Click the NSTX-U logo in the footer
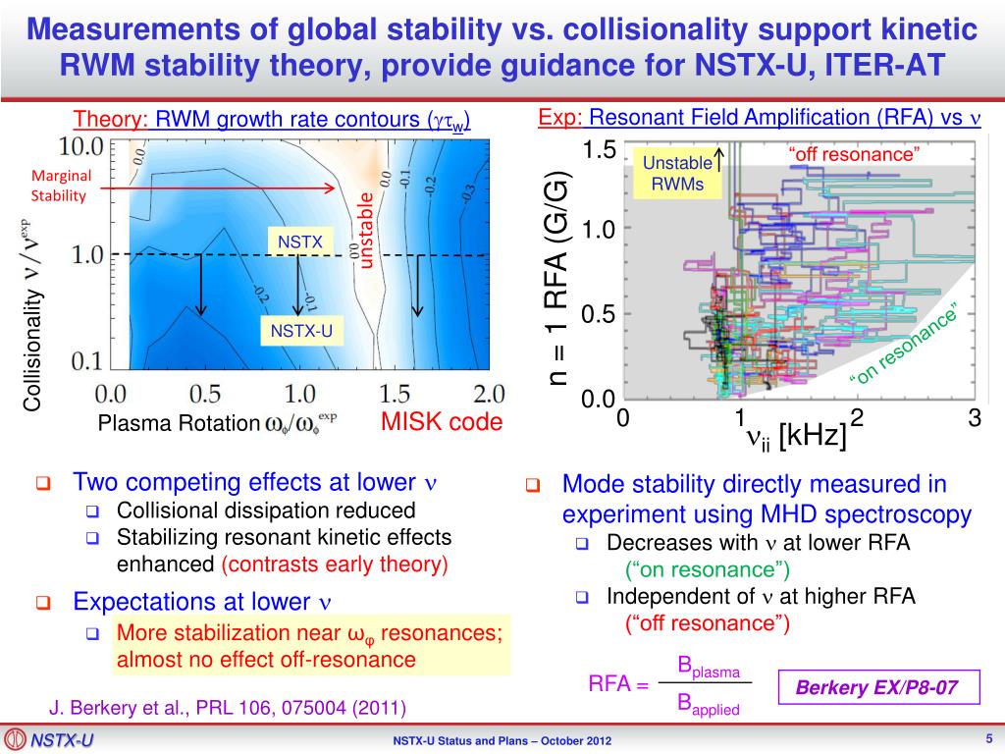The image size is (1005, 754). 48,739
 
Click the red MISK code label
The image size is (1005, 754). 441,422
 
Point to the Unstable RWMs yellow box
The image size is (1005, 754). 678,174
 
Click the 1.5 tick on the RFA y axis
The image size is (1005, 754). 598,150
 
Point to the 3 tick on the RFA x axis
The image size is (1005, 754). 974,418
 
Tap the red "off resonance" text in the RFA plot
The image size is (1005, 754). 853,154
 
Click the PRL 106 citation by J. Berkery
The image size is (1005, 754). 227,707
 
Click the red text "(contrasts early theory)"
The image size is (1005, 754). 335,564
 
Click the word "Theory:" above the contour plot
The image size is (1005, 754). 111,121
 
